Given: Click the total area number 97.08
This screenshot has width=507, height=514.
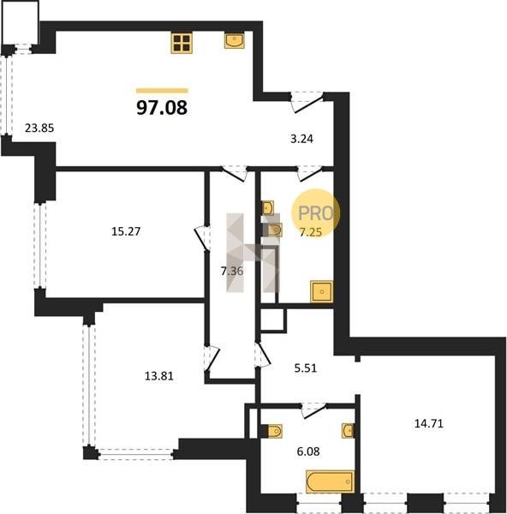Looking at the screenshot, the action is point(162,108).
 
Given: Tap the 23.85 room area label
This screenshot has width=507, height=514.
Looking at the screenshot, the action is point(39,128).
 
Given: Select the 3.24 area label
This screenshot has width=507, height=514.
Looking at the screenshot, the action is point(301,139).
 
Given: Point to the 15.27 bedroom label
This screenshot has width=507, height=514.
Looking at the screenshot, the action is point(126,231).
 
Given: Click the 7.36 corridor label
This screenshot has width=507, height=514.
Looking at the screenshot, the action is point(232,271).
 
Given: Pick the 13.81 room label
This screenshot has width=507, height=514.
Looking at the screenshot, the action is point(159,376).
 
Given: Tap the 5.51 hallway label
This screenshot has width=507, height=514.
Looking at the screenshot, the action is point(306,368).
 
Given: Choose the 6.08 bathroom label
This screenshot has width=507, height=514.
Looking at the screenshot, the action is point(308,451).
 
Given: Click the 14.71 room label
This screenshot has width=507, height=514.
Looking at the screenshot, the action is point(429,423).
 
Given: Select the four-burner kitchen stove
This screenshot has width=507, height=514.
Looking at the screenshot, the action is point(182,43).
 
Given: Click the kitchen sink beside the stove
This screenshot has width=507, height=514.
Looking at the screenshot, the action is point(235,40).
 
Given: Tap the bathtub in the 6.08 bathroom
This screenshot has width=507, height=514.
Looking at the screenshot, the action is point(330,481).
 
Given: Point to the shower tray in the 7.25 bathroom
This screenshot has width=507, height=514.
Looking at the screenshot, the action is point(322,291).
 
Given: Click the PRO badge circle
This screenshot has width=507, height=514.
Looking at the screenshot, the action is point(316,213).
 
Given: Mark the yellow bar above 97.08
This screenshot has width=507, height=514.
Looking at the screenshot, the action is point(162,91).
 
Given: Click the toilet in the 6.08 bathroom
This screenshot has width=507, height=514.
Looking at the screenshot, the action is point(275,431).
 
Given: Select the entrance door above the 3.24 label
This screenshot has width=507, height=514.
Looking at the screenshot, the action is point(307,102).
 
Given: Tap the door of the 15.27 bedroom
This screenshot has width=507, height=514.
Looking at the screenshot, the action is point(201,238).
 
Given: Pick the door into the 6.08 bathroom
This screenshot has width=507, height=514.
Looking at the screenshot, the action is point(313,411).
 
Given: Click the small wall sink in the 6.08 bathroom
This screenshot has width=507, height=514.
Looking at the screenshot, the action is point(348,431).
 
